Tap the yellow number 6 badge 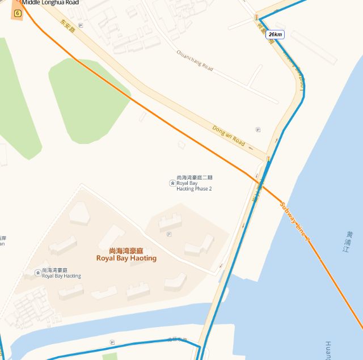[x=18, y=12]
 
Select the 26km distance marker [x=275, y=35]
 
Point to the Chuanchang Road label [x=195, y=60]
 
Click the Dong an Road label [x=229, y=135]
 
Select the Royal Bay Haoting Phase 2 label [x=195, y=183]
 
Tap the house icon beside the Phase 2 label [x=172, y=183]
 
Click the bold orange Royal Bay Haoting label [x=126, y=255]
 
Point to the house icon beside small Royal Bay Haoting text [x=37, y=273]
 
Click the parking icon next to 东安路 [x=81, y=26]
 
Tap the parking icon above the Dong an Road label [x=258, y=129]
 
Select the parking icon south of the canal [x=112, y=342]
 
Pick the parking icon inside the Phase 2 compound [x=168, y=234]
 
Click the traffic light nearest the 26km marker [x=256, y=18]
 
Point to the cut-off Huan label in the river [x=328, y=350]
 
